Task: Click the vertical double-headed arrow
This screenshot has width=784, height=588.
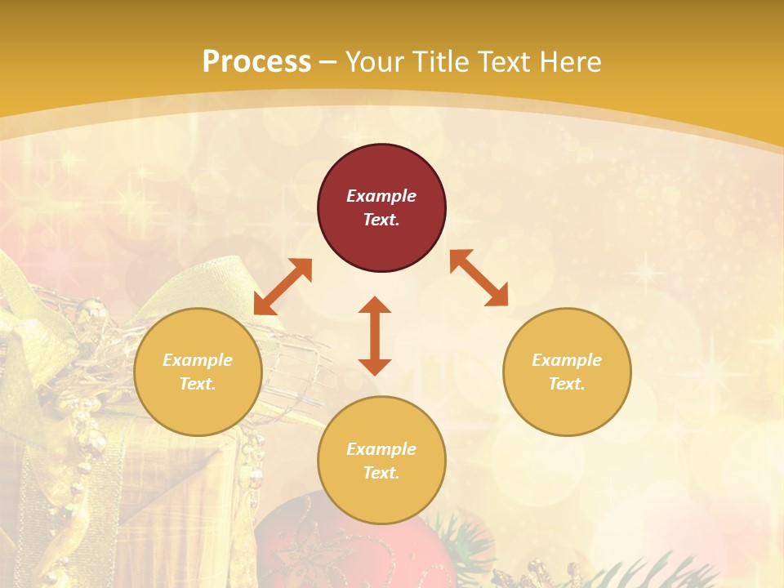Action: pyautogui.click(x=375, y=336)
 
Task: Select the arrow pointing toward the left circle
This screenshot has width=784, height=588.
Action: pyautogui.click(x=283, y=287)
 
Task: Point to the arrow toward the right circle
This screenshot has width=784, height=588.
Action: pyautogui.click(x=479, y=278)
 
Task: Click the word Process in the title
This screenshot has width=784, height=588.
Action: pyautogui.click(x=256, y=61)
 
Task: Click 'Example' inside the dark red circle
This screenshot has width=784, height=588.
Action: pyautogui.click(x=381, y=196)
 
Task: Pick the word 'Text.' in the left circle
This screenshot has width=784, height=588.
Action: pyautogui.click(x=198, y=384)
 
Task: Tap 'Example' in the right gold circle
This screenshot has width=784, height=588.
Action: pyautogui.click(x=567, y=360)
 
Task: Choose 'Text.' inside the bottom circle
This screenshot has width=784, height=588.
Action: pyautogui.click(x=381, y=473)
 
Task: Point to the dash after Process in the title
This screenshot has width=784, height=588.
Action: pyautogui.click(x=327, y=61)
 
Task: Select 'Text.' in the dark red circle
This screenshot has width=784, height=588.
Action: pyautogui.click(x=381, y=220)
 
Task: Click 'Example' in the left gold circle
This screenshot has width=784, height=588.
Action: pyautogui.click(x=198, y=360)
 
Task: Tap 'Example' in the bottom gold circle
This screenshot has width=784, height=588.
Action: pyautogui.click(x=381, y=449)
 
